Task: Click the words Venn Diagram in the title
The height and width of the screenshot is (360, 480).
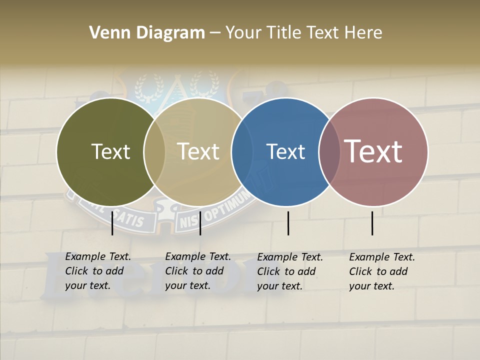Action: [147, 33]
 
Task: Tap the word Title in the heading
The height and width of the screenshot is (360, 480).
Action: [284, 33]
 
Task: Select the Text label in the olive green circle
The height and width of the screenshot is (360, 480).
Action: [110, 151]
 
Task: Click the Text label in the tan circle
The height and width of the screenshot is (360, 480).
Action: [198, 151]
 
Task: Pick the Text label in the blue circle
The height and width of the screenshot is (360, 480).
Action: [285, 151]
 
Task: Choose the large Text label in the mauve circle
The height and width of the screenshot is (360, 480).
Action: [373, 151]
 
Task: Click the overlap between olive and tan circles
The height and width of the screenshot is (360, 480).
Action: [154, 152]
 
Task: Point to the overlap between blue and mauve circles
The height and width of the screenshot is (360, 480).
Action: [328, 152]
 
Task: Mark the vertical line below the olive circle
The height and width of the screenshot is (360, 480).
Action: [112, 223]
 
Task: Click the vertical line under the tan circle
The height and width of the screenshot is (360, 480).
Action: [200, 223]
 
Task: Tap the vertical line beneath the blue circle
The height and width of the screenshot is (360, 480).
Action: [288, 223]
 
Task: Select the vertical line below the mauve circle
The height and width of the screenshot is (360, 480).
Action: [372, 223]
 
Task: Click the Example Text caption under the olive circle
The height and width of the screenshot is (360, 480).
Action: [98, 271]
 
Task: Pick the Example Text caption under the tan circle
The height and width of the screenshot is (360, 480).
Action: [198, 271]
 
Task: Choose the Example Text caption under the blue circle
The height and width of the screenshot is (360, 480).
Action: [290, 271]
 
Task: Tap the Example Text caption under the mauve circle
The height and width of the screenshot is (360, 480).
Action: [382, 271]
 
